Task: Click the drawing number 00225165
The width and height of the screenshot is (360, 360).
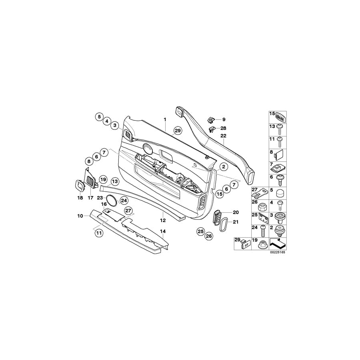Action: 278,252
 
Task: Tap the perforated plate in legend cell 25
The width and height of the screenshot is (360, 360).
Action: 262,218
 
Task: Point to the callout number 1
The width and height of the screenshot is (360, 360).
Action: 164,119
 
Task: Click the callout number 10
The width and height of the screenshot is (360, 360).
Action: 80,216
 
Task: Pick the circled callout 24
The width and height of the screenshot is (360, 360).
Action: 124,200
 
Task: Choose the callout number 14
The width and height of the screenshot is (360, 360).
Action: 162,231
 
